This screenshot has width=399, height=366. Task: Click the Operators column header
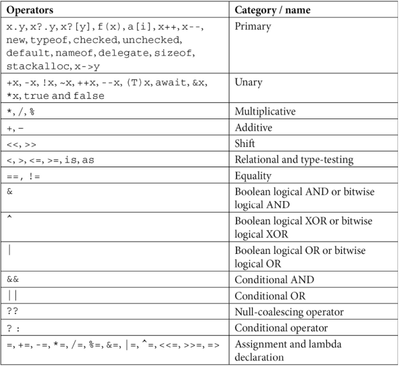[30, 10]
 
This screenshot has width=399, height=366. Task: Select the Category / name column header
[272, 10]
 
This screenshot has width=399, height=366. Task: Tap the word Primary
[253, 26]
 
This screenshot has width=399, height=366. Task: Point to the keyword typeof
[49, 40]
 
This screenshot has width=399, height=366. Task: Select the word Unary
[248, 83]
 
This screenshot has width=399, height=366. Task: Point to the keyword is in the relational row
[71, 160]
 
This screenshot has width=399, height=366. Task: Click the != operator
[34, 176]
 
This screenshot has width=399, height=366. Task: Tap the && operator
[13, 279]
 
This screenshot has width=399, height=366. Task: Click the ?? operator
[12, 311]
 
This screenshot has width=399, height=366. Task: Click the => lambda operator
[213, 346]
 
